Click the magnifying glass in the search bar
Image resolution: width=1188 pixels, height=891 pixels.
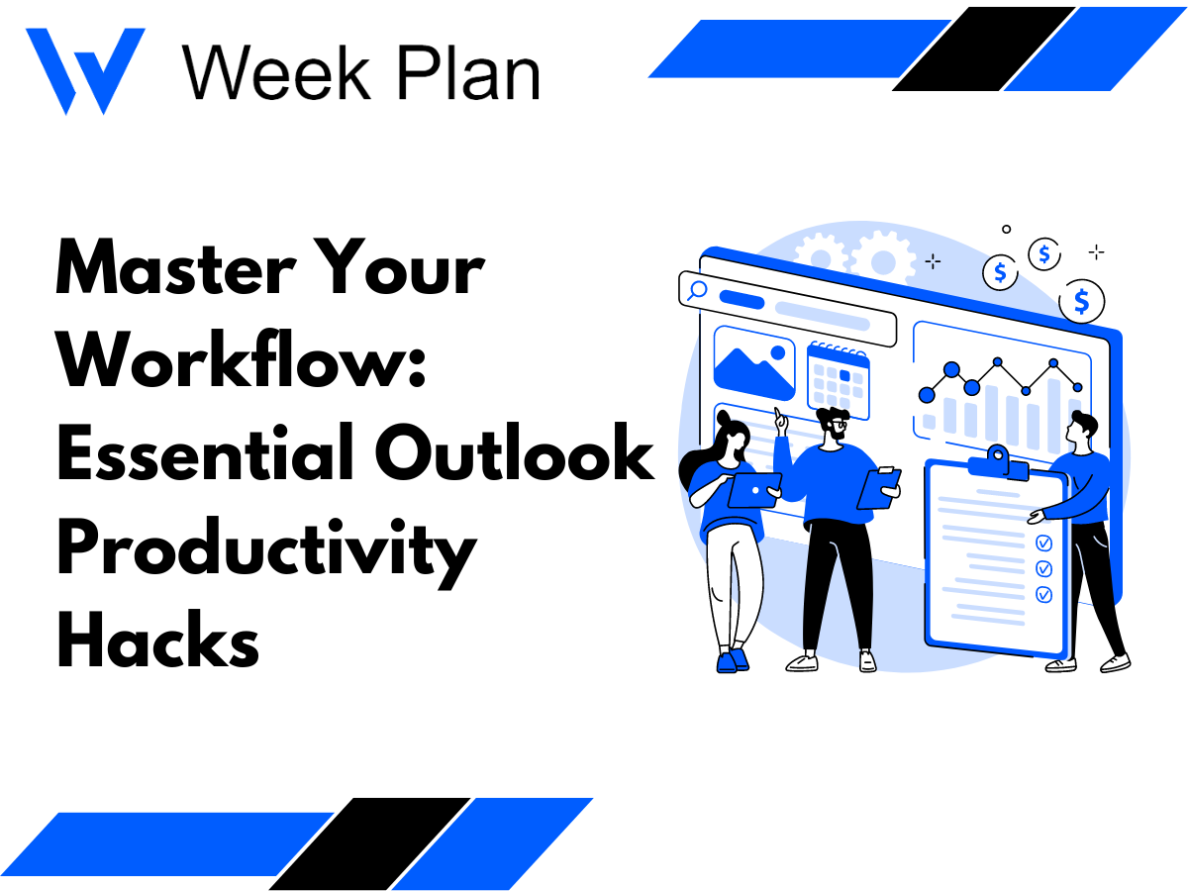(697, 290)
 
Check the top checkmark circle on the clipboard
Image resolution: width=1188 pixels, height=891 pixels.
(1043, 543)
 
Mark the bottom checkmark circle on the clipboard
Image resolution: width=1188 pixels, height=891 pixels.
(1043, 594)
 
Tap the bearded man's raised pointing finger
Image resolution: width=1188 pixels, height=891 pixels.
(779, 415)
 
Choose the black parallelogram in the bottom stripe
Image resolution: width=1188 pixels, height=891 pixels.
(369, 843)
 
